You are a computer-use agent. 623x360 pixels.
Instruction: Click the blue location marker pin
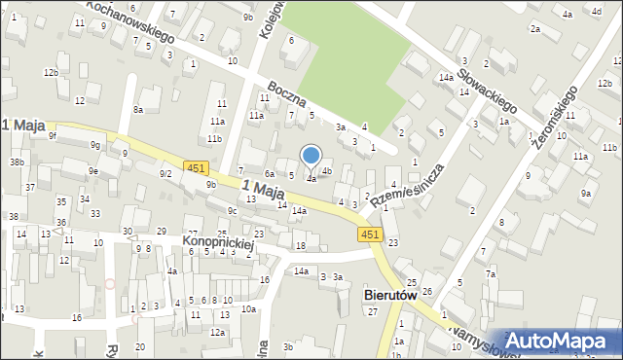tap(311, 156)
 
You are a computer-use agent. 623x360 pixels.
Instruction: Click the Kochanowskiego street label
tap(129, 21)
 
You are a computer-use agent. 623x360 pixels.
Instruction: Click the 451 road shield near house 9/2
tap(196, 168)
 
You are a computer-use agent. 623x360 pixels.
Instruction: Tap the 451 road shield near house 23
tap(369, 234)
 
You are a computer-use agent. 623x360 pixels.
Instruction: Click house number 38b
tap(17, 162)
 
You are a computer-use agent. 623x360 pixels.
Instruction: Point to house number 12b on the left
tap(50, 72)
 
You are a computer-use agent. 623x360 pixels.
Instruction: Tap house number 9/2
tap(165, 173)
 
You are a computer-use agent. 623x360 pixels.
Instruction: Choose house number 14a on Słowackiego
tap(445, 77)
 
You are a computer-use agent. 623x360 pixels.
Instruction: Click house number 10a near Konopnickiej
tap(249, 308)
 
